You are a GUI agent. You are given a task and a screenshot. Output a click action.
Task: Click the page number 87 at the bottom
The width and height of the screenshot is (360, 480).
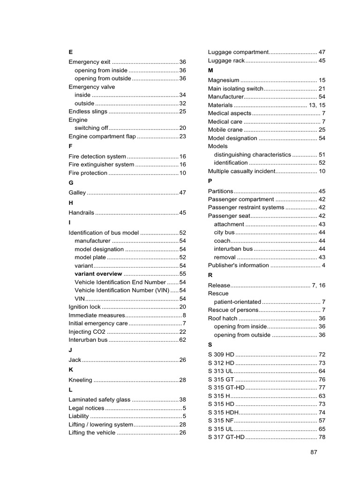[314, 452]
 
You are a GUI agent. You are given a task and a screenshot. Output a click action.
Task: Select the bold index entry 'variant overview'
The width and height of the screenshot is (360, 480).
[98, 274]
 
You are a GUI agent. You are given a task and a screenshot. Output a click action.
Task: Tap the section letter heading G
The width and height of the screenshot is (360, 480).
[71, 183]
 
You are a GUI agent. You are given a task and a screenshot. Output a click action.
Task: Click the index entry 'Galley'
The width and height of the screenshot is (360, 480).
[77, 193]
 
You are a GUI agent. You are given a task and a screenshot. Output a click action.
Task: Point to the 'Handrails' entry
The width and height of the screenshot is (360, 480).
[82, 213]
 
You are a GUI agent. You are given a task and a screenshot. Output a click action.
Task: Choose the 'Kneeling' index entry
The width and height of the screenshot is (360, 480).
[81, 380]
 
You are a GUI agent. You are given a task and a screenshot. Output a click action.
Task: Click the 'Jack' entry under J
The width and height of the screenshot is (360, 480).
[75, 360]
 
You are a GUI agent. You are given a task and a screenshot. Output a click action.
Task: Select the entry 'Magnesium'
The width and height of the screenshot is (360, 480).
[224, 80]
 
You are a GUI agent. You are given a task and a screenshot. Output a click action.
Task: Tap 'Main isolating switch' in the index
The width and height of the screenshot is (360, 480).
[236, 89]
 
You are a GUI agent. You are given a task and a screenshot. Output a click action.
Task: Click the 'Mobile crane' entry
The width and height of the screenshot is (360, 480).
[225, 130]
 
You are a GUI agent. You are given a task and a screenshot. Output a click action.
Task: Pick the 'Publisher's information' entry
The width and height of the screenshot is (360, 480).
[239, 265]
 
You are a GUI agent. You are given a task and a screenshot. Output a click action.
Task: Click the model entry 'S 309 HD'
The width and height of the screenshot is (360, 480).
[221, 354]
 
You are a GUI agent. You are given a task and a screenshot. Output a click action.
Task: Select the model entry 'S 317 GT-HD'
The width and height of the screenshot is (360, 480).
[226, 437]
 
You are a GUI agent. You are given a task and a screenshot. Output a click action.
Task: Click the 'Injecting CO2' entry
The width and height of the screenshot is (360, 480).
[87, 332]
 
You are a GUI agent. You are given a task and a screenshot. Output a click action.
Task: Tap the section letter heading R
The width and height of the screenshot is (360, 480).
[210, 275]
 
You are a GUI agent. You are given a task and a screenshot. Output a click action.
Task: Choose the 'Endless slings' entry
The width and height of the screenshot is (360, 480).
[88, 112]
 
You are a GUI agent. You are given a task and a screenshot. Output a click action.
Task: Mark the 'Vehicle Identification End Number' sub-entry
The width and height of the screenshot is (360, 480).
[120, 282]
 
